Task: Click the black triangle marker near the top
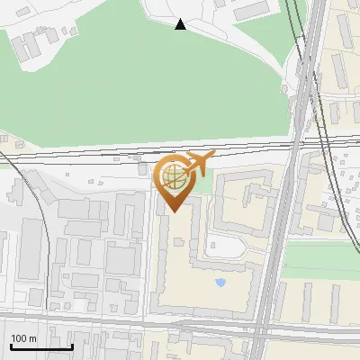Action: click(181, 24)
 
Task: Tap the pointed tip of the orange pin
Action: click(175, 211)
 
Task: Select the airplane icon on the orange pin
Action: click(197, 164)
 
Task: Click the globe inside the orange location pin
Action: click(175, 177)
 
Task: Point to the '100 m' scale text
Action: click(23, 338)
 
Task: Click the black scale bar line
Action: click(40, 346)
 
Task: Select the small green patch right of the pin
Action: click(206, 184)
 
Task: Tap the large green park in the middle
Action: click(135, 90)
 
